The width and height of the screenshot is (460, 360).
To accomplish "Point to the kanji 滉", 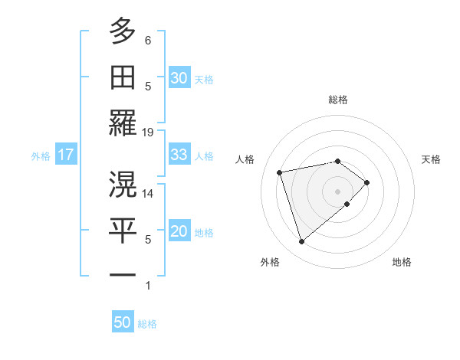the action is (123, 183).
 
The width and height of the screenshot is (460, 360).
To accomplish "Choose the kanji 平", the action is (123, 229).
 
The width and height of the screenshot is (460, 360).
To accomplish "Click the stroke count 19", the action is (148, 132).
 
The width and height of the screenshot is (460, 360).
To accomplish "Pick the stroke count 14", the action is (148, 194).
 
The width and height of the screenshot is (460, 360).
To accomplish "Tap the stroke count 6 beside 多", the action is (148, 40).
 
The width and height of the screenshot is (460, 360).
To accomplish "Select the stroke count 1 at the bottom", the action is (148, 286).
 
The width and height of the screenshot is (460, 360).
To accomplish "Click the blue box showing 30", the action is (179, 77).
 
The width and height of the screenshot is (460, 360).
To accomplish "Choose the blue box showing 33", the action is (179, 155).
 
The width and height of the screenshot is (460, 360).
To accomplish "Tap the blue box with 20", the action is (179, 232).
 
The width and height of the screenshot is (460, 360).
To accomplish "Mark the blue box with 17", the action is (65, 155).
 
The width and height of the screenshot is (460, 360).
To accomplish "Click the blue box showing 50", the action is (123, 322).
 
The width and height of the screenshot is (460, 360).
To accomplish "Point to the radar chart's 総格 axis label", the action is (338, 100).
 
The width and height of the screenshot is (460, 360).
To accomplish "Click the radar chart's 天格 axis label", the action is (432, 159).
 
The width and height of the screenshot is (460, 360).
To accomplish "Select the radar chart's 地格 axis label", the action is (402, 262).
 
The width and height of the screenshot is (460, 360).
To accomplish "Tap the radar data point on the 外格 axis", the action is (302, 242).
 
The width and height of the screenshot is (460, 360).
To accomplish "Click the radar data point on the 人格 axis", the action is (280, 172).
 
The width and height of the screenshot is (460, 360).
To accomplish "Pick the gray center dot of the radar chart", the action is (338, 191).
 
